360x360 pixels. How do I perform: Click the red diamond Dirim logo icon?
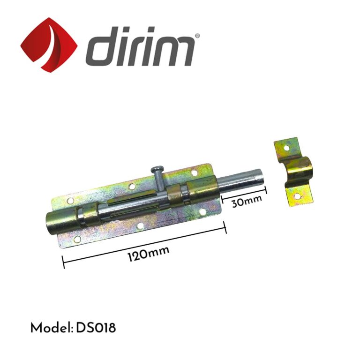click(x=49, y=44)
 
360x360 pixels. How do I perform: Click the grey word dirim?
click(x=140, y=46)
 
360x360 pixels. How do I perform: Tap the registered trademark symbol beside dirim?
click(x=197, y=36)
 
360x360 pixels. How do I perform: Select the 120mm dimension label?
click(x=149, y=254)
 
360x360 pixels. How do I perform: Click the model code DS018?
click(x=96, y=328)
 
